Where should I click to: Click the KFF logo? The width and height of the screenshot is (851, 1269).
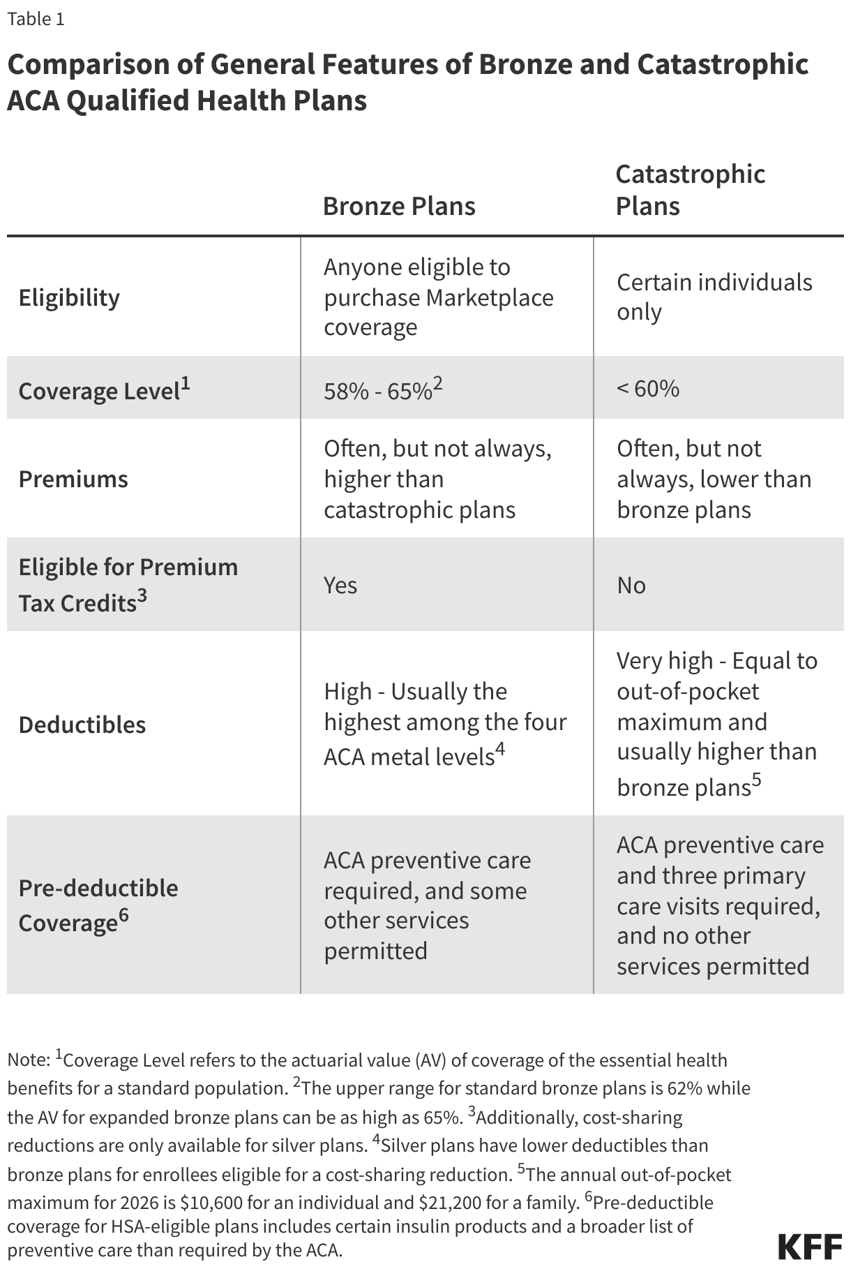tap(810, 1246)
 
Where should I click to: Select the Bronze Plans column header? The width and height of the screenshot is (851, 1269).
tap(399, 206)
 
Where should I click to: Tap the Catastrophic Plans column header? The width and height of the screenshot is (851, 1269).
tap(690, 189)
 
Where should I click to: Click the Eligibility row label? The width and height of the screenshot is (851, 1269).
tap(69, 297)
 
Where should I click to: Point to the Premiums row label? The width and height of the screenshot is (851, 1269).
tap(73, 479)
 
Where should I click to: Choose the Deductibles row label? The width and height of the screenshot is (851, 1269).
tap(82, 725)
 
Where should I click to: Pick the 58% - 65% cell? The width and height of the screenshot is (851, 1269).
tap(382, 389)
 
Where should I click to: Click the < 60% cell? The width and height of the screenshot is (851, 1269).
tap(647, 388)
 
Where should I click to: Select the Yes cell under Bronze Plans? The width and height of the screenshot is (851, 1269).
tap(340, 585)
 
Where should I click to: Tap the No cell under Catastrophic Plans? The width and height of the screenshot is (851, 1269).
tap(631, 585)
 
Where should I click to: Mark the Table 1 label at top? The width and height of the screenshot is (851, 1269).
tap(36, 19)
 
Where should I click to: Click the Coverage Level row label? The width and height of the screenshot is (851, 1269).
tap(104, 389)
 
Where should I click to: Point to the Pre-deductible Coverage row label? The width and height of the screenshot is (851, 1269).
tap(98, 905)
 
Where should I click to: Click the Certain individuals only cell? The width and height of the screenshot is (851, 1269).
tap(714, 297)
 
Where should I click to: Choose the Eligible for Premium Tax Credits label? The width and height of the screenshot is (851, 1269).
tap(128, 584)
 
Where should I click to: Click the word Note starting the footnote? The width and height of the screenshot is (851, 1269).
tap(27, 1060)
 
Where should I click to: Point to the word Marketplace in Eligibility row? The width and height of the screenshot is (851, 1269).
tap(490, 297)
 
